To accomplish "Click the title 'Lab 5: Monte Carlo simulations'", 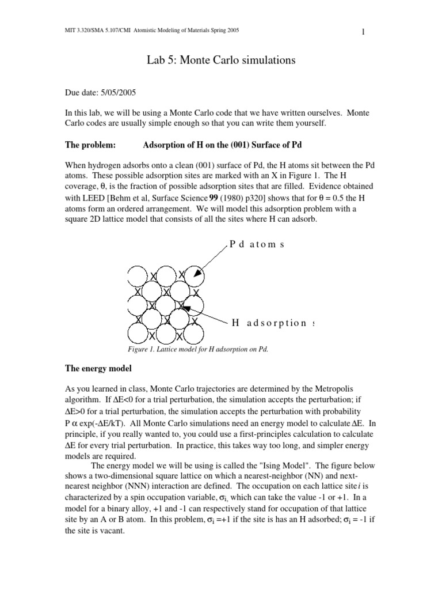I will pyautogui.click(x=220, y=60).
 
